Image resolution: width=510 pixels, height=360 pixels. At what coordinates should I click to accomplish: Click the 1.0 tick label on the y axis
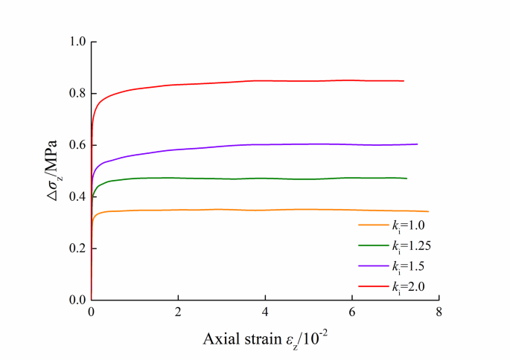(x=77, y=42)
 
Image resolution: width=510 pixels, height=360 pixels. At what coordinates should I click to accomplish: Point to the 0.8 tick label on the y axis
(x=77, y=94)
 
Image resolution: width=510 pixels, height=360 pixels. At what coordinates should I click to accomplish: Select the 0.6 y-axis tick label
(x=77, y=145)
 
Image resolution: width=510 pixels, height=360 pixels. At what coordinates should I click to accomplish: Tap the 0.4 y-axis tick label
(x=77, y=197)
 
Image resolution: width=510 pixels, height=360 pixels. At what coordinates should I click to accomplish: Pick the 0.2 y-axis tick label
(x=77, y=248)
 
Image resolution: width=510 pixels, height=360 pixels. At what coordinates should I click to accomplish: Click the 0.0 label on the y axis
(x=77, y=300)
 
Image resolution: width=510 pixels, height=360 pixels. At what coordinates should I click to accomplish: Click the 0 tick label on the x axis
(x=91, y=313)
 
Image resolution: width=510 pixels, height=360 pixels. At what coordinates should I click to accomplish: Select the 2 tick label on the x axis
(x=178, y=313)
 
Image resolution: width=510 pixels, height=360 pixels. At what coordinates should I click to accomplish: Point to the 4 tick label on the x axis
(x=265, y=313)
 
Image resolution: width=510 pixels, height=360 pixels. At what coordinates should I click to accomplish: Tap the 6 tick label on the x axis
(x=352, y=313)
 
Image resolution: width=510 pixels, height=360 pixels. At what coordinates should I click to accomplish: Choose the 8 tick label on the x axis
(x=439, y=313)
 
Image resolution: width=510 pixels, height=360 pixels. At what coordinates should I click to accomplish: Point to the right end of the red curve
(x=404, y=80)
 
